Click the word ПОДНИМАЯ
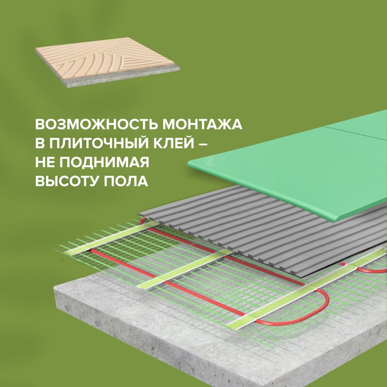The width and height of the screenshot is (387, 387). [104, 163]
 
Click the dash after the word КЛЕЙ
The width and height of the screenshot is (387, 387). [201, 144]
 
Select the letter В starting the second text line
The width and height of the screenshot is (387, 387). [39, 144]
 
